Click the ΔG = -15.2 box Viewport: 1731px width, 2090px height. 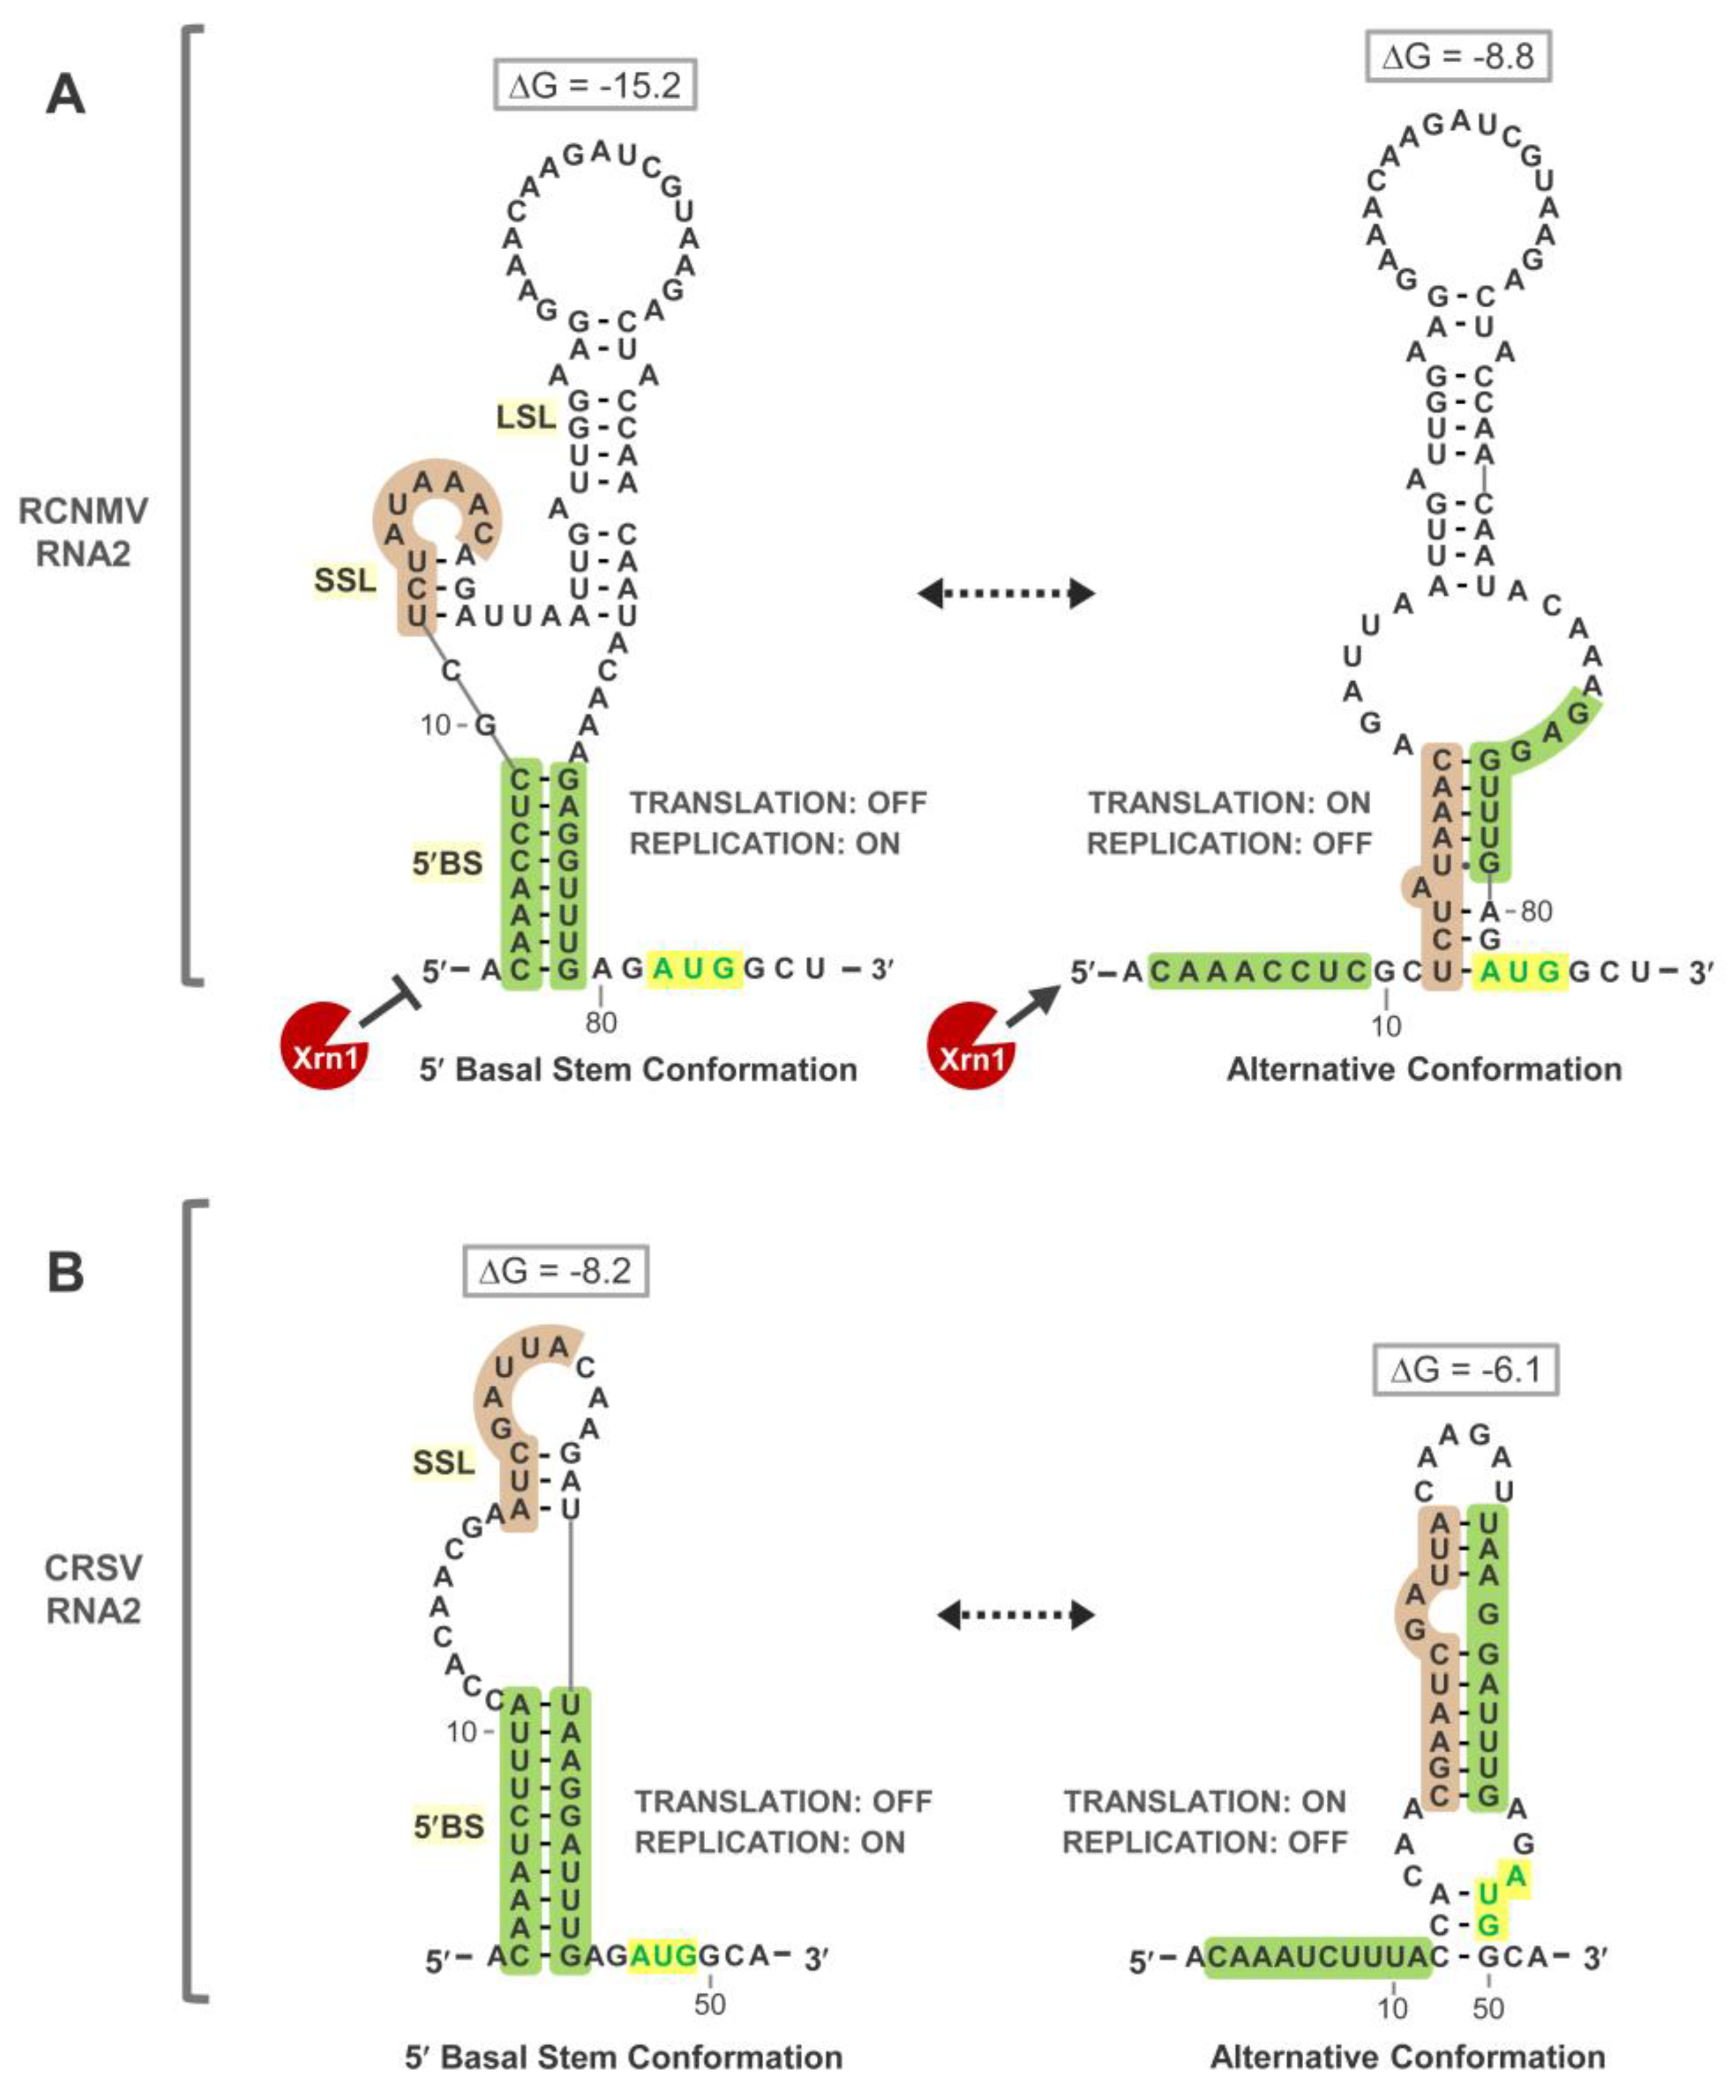594,86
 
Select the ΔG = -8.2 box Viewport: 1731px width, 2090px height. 555,1271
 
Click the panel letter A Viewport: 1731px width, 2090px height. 66,96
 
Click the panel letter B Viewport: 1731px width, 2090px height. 66,1273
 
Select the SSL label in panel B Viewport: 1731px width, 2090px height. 444,1462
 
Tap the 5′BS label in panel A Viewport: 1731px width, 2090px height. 448,863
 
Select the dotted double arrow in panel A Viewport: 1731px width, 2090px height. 1005,594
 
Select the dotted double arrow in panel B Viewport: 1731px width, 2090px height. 1015,1614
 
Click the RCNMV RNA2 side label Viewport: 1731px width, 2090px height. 83,531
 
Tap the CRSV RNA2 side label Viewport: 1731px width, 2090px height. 93,1588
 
